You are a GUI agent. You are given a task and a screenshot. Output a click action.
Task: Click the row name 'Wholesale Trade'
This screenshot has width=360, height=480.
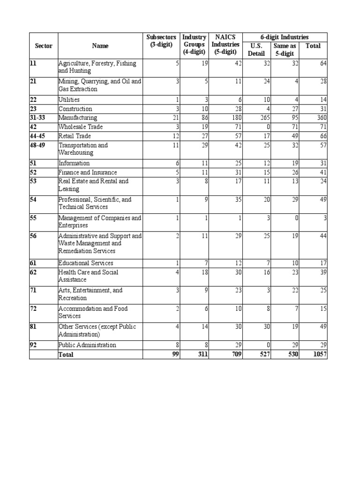(x=80, y=127)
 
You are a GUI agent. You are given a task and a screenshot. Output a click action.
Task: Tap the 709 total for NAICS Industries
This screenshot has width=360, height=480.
(x=236, y=354)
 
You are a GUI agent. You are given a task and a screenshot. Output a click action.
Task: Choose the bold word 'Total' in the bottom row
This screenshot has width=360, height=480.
(x=66, y=355)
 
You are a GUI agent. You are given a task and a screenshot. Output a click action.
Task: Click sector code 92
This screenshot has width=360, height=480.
(x=33, y=345)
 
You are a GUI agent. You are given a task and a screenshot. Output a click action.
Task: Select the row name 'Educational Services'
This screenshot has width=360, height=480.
(x=86, y=263)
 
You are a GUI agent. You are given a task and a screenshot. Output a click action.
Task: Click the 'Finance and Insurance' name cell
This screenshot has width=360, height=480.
(x=88, y=172)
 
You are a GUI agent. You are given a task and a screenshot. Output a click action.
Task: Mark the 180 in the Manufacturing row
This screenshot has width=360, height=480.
(x=236, y=118)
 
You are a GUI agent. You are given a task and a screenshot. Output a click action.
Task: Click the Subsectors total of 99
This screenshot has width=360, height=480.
(x=175, y=354)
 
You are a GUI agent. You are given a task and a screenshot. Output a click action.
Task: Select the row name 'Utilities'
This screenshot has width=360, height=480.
(x=69, y=100)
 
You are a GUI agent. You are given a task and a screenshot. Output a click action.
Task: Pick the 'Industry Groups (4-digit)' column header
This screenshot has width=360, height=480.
(x=194, y=45)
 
